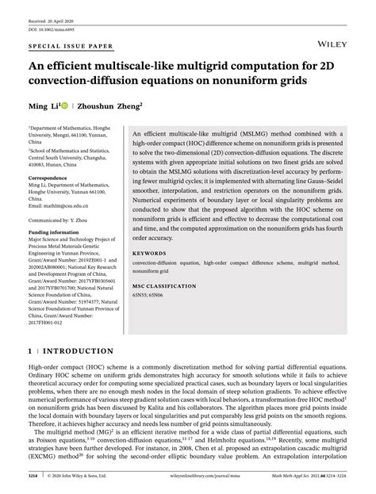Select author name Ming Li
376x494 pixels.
pos(45,104)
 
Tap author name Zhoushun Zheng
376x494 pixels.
pos(108,104)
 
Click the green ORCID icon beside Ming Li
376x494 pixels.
pos(65,104)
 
